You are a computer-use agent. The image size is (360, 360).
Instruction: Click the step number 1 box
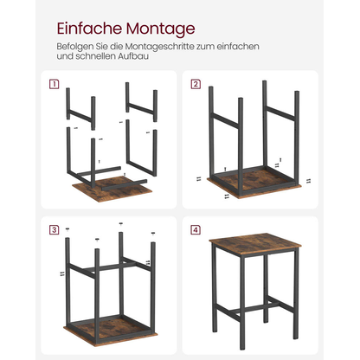click(55, 84)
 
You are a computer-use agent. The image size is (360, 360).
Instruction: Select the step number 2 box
click(196, 84)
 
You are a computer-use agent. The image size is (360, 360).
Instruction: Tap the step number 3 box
click(55, 229)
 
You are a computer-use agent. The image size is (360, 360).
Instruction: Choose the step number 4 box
click(196, 229)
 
